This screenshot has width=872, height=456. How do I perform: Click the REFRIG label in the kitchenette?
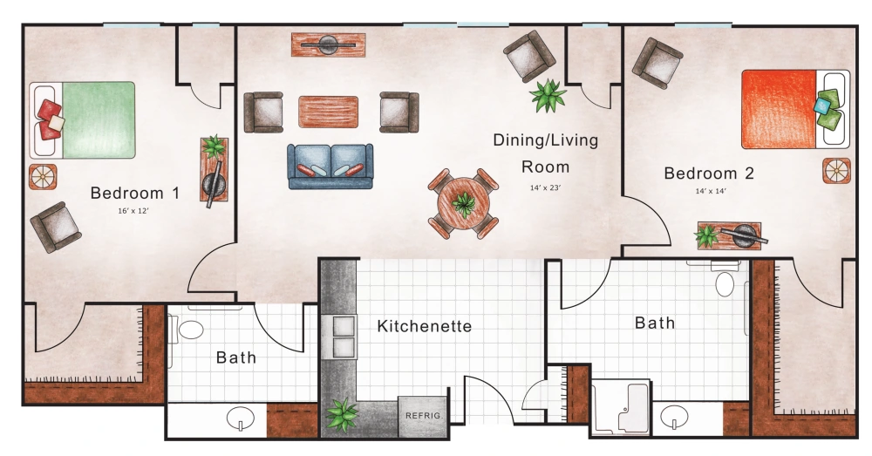coord(423,415)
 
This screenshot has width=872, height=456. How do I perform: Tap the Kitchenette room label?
coord(424,327)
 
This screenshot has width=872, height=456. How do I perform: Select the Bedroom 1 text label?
coord(134,193)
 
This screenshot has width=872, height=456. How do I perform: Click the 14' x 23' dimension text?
coord(545,187)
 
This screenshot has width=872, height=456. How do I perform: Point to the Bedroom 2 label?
coord(709,174)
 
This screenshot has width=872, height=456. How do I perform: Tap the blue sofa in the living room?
coord(330,166)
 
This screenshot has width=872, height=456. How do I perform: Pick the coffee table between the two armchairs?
coord(328,112)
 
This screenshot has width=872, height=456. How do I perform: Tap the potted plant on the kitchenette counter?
coord(341,414)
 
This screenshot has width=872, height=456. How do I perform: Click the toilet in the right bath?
coord(725,282)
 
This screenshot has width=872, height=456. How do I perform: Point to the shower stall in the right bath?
coord(620,406)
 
